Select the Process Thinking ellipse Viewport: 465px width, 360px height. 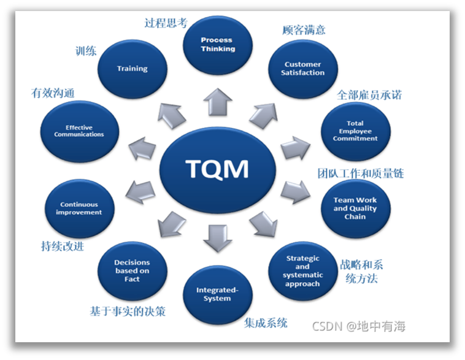click(x=218, y=45)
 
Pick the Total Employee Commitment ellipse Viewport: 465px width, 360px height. click(x=355, y=131)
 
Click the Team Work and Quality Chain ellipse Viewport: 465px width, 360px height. click(x=355, y=208)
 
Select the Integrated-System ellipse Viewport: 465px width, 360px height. click(x=218, y=294)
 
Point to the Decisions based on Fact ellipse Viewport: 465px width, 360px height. click(x=132, y=270)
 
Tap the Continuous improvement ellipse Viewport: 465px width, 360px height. click(x=79, y=208)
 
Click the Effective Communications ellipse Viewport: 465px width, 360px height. click(x=79, y=131)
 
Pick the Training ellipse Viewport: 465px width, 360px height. click(x=133, y=68)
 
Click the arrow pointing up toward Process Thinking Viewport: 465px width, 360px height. click(x=218, y=101)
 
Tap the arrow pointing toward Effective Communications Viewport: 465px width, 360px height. click(x=142, y=149)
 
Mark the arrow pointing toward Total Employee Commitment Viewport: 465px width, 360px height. click(x=295, y=148)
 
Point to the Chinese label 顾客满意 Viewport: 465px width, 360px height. click(x=304, y=29)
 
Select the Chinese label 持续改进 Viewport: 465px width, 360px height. click(x=63, y=247)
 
